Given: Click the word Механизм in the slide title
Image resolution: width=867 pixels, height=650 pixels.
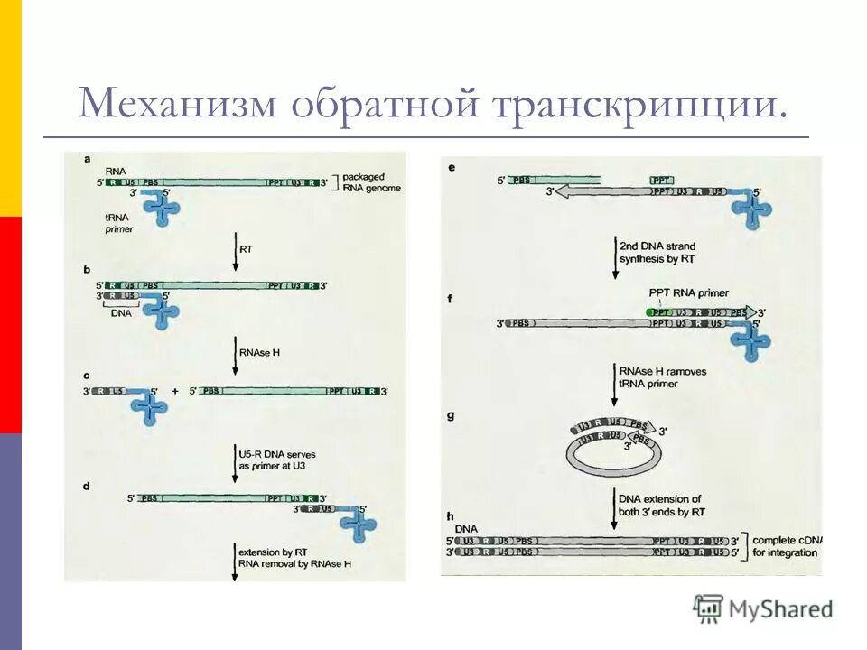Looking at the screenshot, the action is tap(177, 104).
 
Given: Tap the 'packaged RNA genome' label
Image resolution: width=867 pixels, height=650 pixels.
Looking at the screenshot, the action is tap(371, 182).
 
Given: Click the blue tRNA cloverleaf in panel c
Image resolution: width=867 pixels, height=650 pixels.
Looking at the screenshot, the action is tap(147, 405).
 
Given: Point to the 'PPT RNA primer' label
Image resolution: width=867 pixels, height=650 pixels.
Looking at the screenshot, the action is tap(688, 292).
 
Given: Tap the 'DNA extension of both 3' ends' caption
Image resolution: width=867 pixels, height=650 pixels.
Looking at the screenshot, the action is tap(661, 506).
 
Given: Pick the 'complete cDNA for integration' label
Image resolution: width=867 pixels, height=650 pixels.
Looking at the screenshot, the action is tap(786, 544).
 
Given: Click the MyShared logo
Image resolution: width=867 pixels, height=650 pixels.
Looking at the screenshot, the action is tap(762, 608).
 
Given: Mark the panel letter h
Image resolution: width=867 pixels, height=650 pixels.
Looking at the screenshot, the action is tap(450, 515).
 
